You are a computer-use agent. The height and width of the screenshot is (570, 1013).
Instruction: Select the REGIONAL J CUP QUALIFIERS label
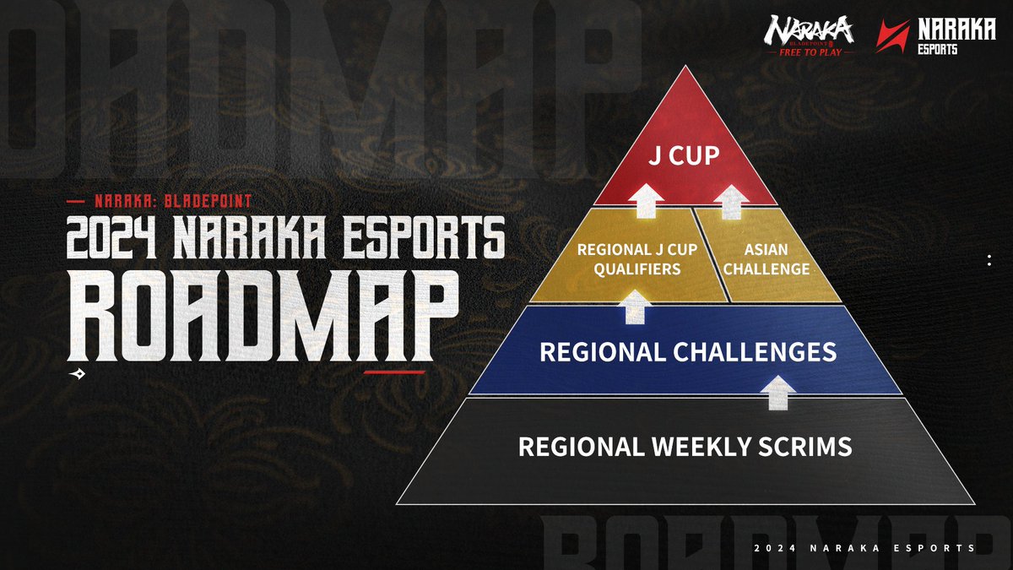(x=629, y=259)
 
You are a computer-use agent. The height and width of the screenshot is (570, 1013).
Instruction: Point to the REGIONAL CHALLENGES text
(x=687, y=351)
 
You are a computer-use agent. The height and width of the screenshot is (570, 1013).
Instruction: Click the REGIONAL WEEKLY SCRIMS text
(x=685, y=446)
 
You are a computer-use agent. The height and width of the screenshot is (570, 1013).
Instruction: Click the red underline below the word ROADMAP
(x=393, y=371)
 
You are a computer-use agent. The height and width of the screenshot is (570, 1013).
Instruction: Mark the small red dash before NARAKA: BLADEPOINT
(x=75, y=202)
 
